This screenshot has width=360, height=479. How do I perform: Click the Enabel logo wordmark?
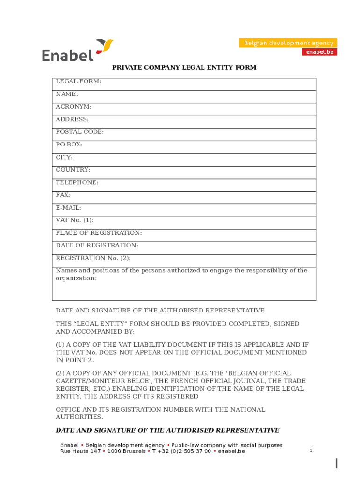pyautogui.click(x=68, y=55)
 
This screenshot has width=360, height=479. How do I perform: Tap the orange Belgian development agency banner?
pyautogui.click(x=288, y=43)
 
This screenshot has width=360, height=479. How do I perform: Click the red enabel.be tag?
pyautogui.click(x=319, y=52)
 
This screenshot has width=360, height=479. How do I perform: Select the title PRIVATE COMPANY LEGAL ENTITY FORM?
pyautogui.click(x=184, y=68)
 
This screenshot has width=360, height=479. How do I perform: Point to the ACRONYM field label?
pyautogui.click(x=74, y=107)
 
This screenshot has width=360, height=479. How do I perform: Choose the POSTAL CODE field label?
pyautogui.click(x=80, y=132)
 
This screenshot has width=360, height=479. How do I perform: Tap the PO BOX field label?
pyautogui.click(x=69, y=145)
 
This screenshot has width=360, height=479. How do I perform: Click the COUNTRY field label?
pyautogui.click(x=73, y=170)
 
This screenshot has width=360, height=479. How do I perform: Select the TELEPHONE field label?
pyautogui.click(x=77, y=182)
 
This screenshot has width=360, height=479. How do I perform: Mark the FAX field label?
pyautogui.click(x=63, y=195)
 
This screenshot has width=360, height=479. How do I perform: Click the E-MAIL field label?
pyautogui.click(x=69, y=208)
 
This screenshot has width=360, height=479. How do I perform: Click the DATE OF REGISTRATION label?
pyautogui.click(x=97, y=246)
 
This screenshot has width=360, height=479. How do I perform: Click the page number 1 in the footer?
pyautogui.click(x=311, y=450)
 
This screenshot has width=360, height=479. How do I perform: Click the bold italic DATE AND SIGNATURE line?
pyautogui.click(x=167, y=430)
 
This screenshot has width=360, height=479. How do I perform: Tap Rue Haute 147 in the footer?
pyautogui.click(x=80, y=451)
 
